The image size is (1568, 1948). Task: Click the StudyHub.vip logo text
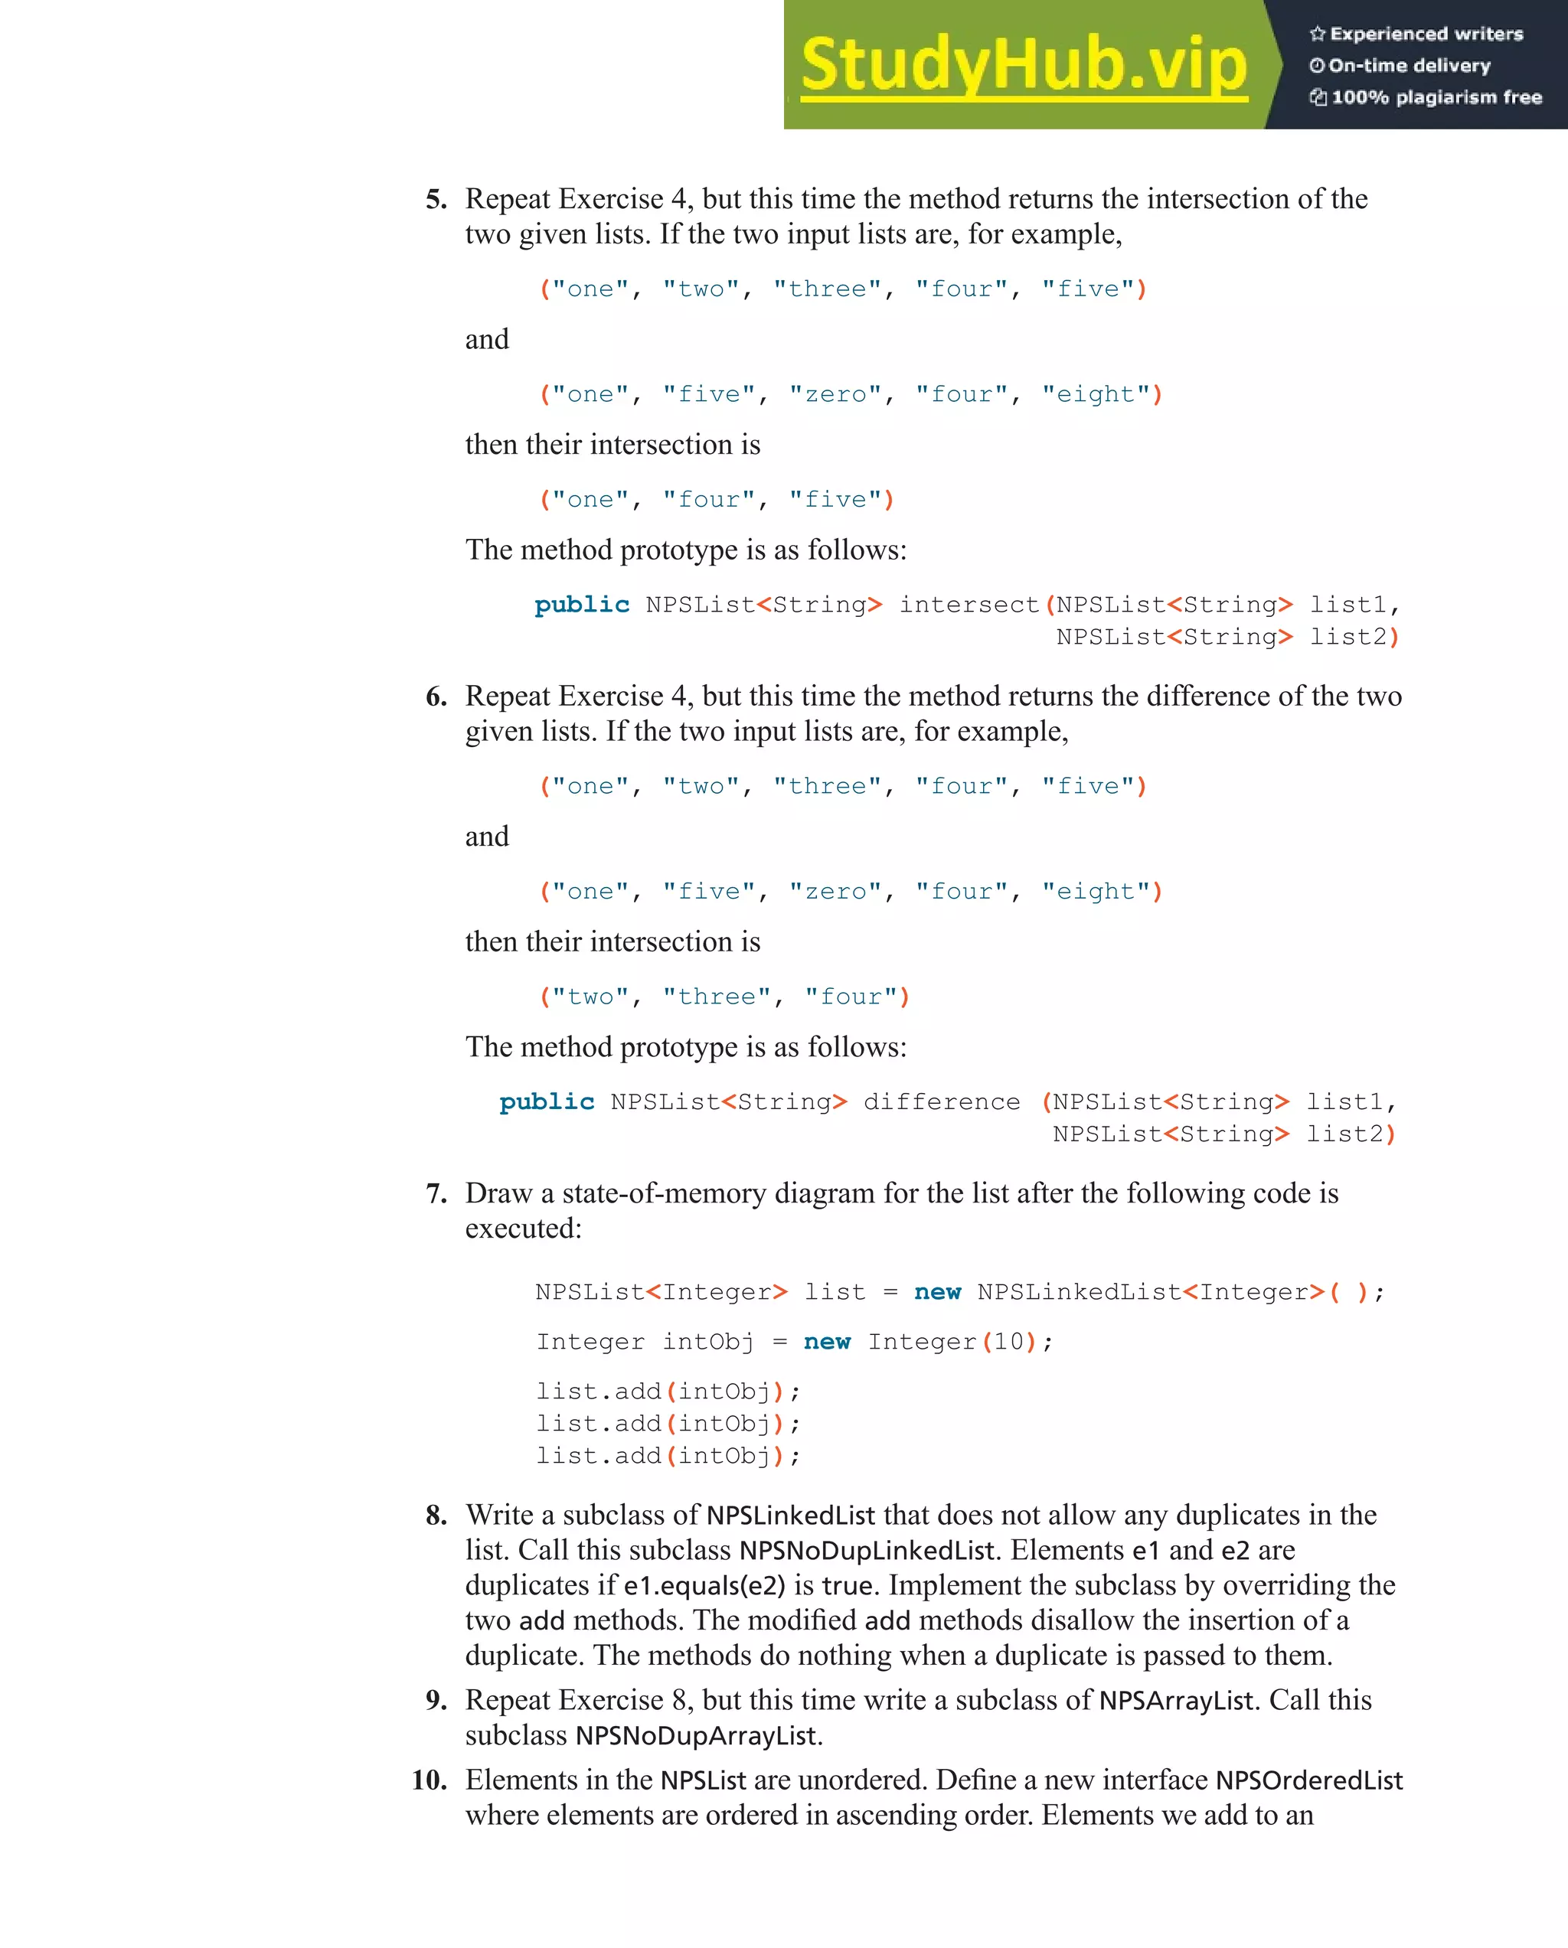pyautogui.click(x=1023, y=65)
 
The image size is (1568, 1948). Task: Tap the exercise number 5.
pyautogui.click(x=436, y=200)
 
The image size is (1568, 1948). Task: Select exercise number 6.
pyautogui.click(x=436, y=697)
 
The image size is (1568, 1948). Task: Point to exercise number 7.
pyautogui.click(x=436, y=1193)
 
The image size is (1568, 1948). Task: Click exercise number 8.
pyautogui.click(x=436, y=1516)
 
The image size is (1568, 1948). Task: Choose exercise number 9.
pyautogui.click(x=436, y=1701)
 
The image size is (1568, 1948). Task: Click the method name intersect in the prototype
pyautogui.click(x=968, y=605)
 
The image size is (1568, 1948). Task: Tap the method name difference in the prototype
pyautogui.click(x=941, y=1101)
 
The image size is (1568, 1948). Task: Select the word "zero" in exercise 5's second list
pyautogui.click(x=836, y=394)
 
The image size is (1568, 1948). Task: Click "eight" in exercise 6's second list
pyautogui.click(x=1096, y=891)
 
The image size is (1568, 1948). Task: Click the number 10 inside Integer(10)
pyautogui.click(x=1008, y=1342)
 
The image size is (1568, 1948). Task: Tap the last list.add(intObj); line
pyautogui.click(x=667, y=1456)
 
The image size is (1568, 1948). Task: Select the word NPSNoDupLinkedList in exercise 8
pyautogui.click(x=867, y=1551)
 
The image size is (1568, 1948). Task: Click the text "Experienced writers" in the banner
pyautogui.click(x=1425, y=34)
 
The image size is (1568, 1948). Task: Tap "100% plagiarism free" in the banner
pyautogui.click(x=1435, y=97)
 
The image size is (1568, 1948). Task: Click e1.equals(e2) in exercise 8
pyautogui.click(x=704, y=1586)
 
